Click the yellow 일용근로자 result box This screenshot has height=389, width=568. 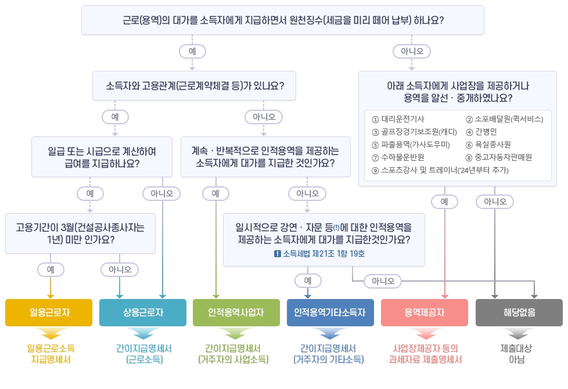(49, 312)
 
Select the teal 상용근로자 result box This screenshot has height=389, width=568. (143, 312)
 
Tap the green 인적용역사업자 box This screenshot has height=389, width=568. (236, 312)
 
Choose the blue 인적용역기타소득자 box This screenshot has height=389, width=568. (330, 312)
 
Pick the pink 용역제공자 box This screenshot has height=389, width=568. (424, 312)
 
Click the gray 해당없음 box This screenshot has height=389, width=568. (519, 312)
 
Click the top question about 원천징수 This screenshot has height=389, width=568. (283, 20)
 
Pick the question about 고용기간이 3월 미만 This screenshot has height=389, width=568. (80, 233)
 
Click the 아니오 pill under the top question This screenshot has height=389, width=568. (412, 52)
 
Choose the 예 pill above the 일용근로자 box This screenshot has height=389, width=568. (51, 269)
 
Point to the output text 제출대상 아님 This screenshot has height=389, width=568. (518, 354)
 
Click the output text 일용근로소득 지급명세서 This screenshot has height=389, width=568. (51, 354)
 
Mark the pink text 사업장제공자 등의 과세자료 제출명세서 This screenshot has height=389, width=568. (425, 354)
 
